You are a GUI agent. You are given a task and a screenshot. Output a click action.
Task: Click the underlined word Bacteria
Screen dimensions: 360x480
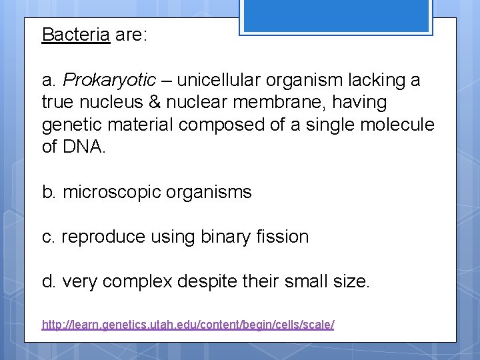coord(75,35)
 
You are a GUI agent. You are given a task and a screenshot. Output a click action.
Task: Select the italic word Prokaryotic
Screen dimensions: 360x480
coord(109,81)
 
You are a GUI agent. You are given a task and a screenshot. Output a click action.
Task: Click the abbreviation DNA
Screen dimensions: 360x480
coord(83,147)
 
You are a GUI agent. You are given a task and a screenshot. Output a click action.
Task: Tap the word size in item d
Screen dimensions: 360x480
coord(347,282)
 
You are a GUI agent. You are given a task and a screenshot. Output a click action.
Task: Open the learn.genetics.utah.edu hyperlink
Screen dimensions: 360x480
coord(188,325)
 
